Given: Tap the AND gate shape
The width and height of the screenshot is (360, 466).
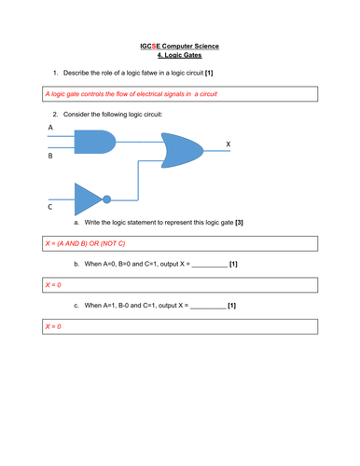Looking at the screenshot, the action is [93, 142].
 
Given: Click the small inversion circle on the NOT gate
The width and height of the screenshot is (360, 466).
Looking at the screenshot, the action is [107, 199].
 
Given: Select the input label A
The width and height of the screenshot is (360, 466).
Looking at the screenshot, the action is [50, 126].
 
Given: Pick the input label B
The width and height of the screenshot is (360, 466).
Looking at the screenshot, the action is [50, 158].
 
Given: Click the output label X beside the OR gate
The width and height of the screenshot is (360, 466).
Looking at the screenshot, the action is [228, 144].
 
